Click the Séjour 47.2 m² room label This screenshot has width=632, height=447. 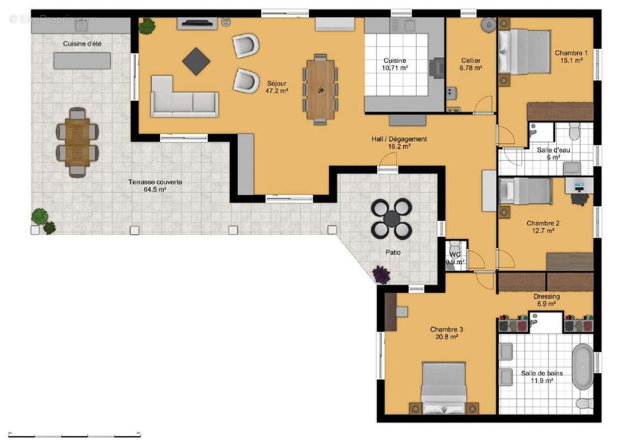276,87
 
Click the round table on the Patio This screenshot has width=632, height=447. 392,218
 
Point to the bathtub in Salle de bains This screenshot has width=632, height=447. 583,367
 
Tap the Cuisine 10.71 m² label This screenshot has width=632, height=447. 394,64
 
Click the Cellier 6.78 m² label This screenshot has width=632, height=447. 470,64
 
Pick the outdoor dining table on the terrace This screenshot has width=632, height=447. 77,142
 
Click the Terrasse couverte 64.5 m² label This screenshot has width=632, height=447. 155,186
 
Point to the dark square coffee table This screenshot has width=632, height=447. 196,61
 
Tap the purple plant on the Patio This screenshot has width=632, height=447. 381,274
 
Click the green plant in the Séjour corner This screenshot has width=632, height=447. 147,26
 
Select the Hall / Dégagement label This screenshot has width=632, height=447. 399,142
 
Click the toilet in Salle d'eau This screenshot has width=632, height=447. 575,132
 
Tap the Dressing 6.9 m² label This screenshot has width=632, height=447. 546,300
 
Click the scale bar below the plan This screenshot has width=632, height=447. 75,435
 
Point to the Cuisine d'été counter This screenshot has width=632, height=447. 82,60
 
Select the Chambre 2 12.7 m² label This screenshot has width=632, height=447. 543,226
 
